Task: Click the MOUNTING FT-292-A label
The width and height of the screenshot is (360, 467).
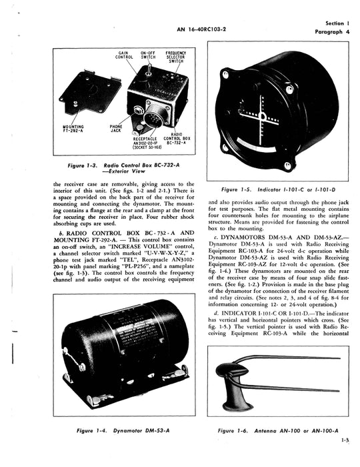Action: click(77, 128)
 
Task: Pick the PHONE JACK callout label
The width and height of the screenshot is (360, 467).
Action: click(116, 128)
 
